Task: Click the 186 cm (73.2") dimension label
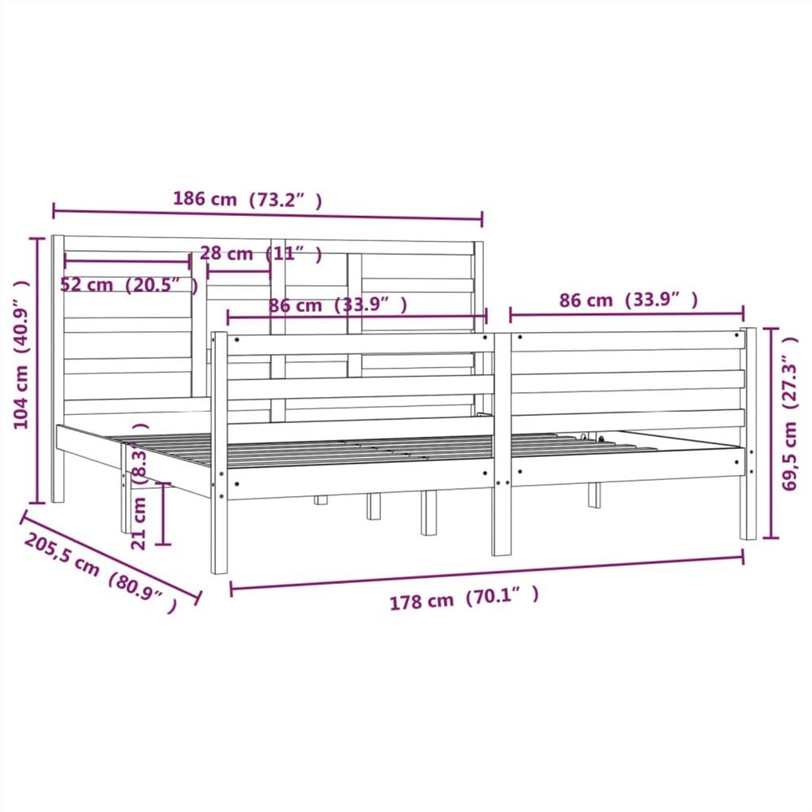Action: click(247, 199)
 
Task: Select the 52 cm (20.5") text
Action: click(129, 285)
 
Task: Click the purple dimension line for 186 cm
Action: click(268, 215)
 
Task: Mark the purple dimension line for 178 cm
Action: click(487, 573)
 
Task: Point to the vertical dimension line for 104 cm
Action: click(37, 369)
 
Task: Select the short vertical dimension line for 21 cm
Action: click(165, 513)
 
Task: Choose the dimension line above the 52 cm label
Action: click(127, 261)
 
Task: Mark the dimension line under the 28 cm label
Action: click(239, 272)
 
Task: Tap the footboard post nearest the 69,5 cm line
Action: click(748, 434)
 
